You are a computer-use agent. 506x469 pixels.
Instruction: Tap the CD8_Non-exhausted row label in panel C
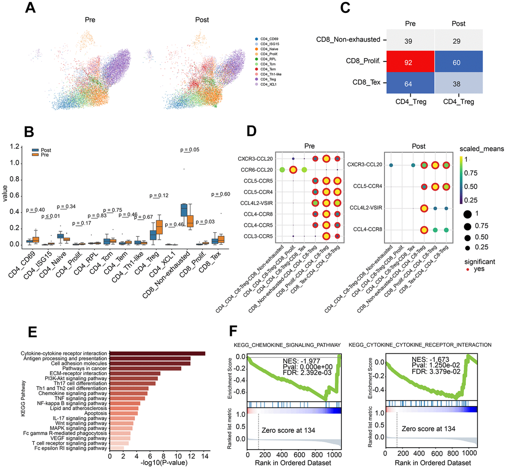pos(348,39)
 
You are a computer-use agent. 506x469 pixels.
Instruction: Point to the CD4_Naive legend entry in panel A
pos(266,48)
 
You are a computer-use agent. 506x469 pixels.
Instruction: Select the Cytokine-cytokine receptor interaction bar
pos(157,353)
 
